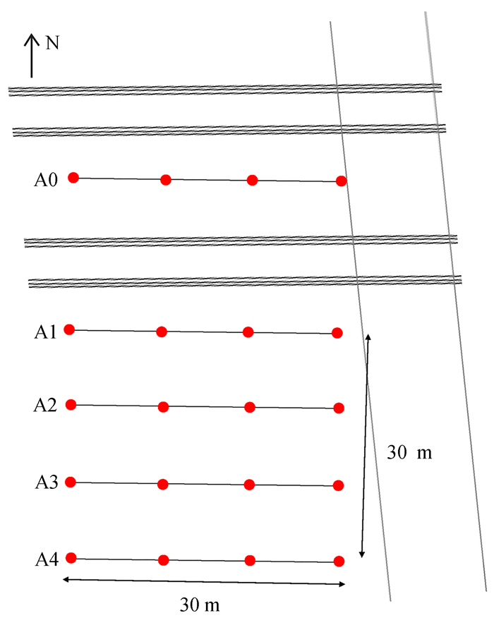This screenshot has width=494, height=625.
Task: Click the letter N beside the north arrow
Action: pyautogui.click(x=52, y=43)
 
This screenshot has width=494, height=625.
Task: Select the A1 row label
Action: pyautogui.click(x=44, y=332)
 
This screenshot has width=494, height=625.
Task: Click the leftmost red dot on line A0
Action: pyautogui.click(x=73, y=178)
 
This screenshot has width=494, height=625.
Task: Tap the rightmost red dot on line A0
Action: pyautogui.click(x=342, y=181)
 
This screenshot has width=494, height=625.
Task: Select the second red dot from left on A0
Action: pyautogui.click(x=166, y=180)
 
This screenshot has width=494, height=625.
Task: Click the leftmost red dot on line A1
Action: pyautogui.click(x=69, y=329)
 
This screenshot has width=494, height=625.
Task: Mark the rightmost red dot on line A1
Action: pyautogui.click(x=337, y=333)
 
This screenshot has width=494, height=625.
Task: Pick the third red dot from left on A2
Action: pyautogui.click(x=249, y=407)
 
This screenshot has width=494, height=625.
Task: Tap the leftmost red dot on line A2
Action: pyautogui.click(x=71, y=404)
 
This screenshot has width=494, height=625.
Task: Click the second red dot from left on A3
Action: pyautogui.click(x=163, y=484)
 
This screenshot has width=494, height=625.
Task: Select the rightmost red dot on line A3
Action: pyautogui.click(x=338, y=485)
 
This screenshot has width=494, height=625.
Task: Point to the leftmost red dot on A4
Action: pyautogui.click(x=71, y=558)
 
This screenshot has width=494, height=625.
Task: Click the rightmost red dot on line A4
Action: pyautogui.click(x=339, y=562)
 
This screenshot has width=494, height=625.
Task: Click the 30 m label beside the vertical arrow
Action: pyautogui.click(x=409, y=453)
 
